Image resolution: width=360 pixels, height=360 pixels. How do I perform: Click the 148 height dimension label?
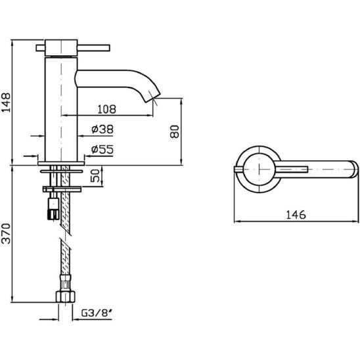(6, 102)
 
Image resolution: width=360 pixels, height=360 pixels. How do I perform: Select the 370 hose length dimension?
(6, 233)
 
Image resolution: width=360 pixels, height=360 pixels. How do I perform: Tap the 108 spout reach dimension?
(107, 109)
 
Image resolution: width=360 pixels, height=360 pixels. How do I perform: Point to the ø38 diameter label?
(102, 129)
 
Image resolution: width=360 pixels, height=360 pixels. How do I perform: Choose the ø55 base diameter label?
(102, 150)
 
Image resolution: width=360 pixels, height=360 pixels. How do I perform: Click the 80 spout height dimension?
(175, 131)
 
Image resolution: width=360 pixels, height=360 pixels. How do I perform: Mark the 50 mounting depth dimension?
(95, 175)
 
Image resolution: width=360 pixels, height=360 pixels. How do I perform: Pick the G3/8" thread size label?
(97, 313)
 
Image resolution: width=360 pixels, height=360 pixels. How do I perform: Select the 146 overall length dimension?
(296, 215)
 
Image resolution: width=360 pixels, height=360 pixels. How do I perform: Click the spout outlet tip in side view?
(152, 98)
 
